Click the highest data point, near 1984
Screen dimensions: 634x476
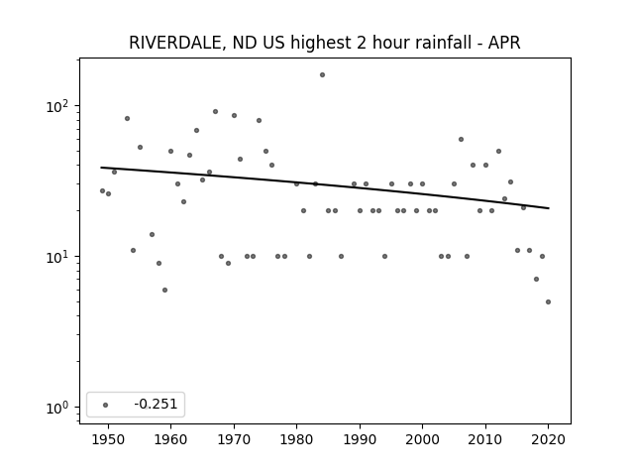[x=322, y=75]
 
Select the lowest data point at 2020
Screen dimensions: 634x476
[x=548, y=301]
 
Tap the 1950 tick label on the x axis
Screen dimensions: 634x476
[x=108, y=439]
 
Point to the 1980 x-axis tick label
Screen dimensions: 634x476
[x=296, y=439]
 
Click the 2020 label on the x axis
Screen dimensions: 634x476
[x=548, y=439]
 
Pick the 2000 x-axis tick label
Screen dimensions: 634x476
[x=423, y=439]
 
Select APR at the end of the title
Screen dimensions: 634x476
[x=504, y=43]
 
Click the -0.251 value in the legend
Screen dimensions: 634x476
[x=156, y=404]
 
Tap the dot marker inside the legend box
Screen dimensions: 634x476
[x=106, y=405]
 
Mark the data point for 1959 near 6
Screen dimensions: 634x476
[x=164, y=290]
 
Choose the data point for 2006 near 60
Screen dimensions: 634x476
[x=461, y=139]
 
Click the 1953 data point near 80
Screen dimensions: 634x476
[x=127, y=119]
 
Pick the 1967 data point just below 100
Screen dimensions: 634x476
[x=215, y=112]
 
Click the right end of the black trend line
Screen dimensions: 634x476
[x=549, y=208]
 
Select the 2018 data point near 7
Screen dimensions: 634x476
[x=536, y=280]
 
